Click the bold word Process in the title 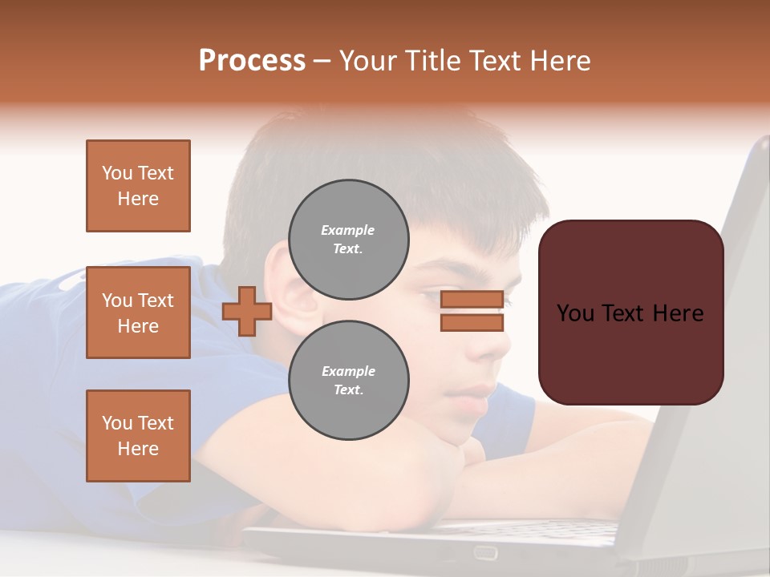coord(252,61)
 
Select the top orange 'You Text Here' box coord(138,186)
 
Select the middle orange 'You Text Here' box coord(138,313)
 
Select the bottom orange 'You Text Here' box coord(138,436)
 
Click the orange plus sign coord(247,312)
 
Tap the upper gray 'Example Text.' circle coord(348,240)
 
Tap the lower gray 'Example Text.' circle coord(348,381)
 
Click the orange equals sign coord(472,311)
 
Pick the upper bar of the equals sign coord(472,300)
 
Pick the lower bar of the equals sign coord(472,322)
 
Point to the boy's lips coord(480,392)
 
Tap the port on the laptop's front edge coord(484,552)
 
